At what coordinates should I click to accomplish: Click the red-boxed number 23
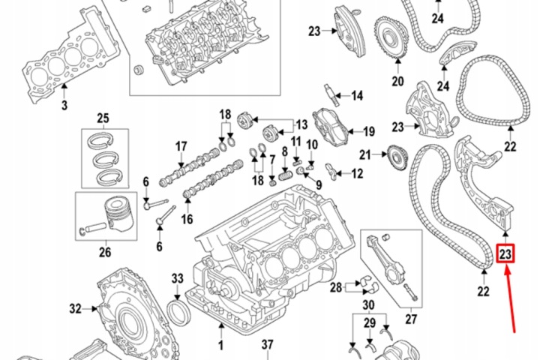(505, 254)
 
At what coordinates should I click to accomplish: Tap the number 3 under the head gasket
(64, 105)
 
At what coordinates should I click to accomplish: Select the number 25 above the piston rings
(103, 118)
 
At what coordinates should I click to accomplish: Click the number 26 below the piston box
(105, 252)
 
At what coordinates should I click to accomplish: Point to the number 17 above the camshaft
(181, 147)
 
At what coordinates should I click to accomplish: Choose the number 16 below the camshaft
(187, 219)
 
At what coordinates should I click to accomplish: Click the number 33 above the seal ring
(177, 278)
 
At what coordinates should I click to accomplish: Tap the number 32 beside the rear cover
(76, 308)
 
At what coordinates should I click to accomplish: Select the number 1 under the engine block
(220, 345)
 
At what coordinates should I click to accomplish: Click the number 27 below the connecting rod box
(411, 319)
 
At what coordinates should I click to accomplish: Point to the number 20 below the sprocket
(397, 81)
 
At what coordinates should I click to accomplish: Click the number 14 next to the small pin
(358, 95)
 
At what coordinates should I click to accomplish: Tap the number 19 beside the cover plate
(369, 131)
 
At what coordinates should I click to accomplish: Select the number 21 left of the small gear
(365, 155)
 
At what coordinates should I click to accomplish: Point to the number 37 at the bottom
(267, 345)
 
